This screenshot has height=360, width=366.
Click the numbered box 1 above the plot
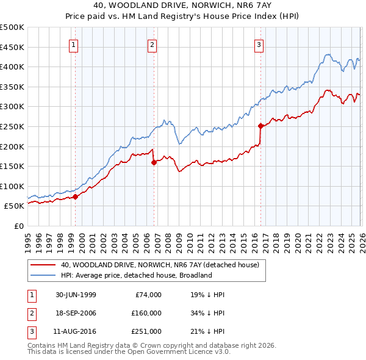[x=73, y=44]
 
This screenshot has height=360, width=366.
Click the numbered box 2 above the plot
[x=151, y=44]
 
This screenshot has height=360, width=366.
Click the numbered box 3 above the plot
[x=259, y=44]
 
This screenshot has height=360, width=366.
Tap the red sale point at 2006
[x=154, y=162]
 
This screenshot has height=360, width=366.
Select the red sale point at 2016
[x=260, y=126]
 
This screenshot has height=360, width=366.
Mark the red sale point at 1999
[x=76, y=196]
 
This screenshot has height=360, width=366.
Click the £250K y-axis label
[x=12, y=126]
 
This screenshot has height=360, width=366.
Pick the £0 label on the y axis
[x=18, y=226]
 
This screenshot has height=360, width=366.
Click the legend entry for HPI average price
[x=136, y=275]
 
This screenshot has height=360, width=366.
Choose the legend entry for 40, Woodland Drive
[x=160, y=265]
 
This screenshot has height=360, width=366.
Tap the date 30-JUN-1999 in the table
[x=75, y=295]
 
